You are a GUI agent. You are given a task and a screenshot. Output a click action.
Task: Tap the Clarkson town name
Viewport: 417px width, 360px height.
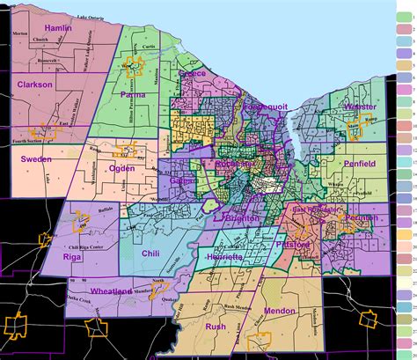(x=34, y=84)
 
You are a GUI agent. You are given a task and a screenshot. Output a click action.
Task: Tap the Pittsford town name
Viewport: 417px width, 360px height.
(x=288, y=242)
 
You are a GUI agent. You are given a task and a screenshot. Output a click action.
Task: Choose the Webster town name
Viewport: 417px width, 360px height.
(x=360, y=107)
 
